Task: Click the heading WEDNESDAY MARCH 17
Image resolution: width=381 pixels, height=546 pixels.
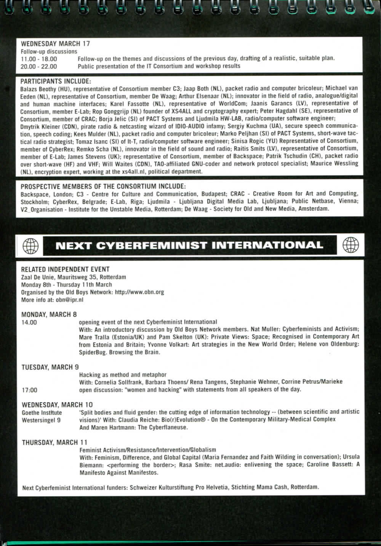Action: click(55, 43)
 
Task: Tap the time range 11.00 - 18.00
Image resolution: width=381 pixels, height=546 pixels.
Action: click(39, 59)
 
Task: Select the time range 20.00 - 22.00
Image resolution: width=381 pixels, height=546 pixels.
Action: click(39, 66)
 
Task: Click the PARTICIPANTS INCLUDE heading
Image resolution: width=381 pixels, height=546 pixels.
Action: click(56, 81)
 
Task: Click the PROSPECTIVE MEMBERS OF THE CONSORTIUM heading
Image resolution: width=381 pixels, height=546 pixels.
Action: click(103, 187)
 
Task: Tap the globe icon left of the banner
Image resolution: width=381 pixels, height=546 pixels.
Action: click(31, 246)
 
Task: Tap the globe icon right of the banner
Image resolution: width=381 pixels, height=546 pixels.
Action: click(351, 245)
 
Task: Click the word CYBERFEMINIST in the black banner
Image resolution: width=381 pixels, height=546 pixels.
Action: click(152, 246)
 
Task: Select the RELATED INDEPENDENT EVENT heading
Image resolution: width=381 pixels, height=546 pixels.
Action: click(65, 269)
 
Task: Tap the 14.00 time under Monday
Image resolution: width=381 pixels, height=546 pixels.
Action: click(29, 322)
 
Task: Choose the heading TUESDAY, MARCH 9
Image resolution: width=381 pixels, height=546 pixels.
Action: click(50, 367)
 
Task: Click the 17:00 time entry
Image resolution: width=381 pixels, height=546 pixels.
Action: click(30, 390)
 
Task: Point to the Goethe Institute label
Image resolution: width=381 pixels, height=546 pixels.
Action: click(42, 412)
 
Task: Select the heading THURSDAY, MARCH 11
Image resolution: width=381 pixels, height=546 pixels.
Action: click(54, 442)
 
